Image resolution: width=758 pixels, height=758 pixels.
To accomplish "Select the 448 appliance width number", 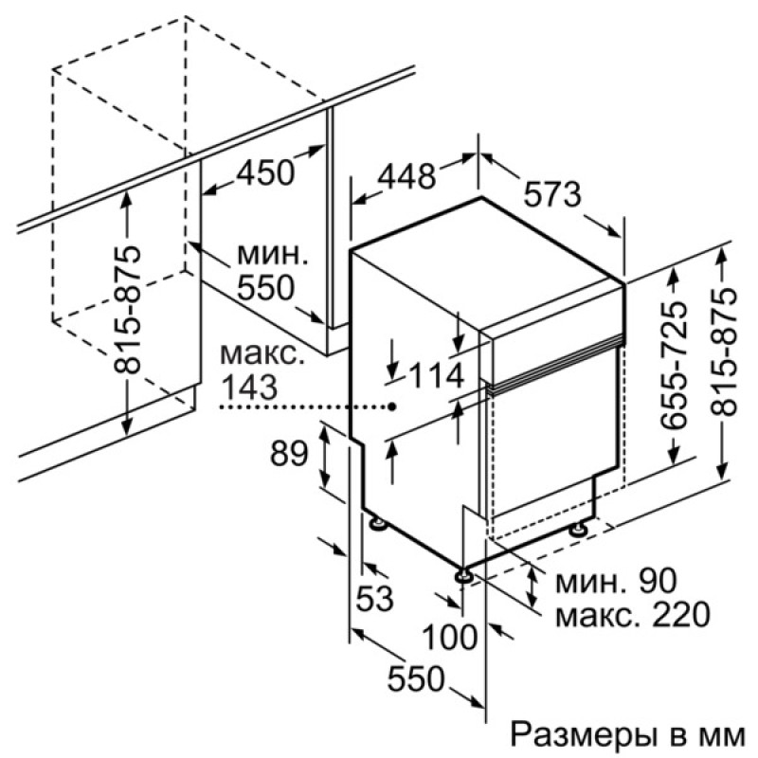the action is pyautogui.click(x=406, y=176).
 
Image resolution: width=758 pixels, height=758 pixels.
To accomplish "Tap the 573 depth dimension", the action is pyautogui.click(x=552, y=194).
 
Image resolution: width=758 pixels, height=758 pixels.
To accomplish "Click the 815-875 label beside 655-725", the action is pyautogui.click(x=724, y=352).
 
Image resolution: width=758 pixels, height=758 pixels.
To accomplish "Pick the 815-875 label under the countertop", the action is pyautogui.click(x=127, y=311).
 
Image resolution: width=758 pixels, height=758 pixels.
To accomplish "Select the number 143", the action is pyautogui.click(x=249, y=387).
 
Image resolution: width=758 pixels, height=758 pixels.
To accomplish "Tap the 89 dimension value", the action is pyautogui.click(x=289, y=453).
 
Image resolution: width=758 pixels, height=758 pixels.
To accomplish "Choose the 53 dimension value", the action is pyautogui.click(x=374, y=599).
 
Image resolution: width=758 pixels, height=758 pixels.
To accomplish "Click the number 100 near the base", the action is pyautogui.click(x=449, y=637).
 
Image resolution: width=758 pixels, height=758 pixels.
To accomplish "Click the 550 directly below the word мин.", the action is pyautogui.click(x=266, y=288).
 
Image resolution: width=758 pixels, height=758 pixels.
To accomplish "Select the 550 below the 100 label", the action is pyautogui.click(x=416, y=678).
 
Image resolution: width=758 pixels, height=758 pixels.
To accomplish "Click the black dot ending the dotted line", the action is pyautogui.click(x=392, y=407).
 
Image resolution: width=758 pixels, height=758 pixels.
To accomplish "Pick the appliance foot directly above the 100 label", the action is pyautogui.click(x=463, y=575).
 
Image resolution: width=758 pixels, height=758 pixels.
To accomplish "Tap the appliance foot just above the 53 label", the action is pyautogui.click(x=377, y=524).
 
